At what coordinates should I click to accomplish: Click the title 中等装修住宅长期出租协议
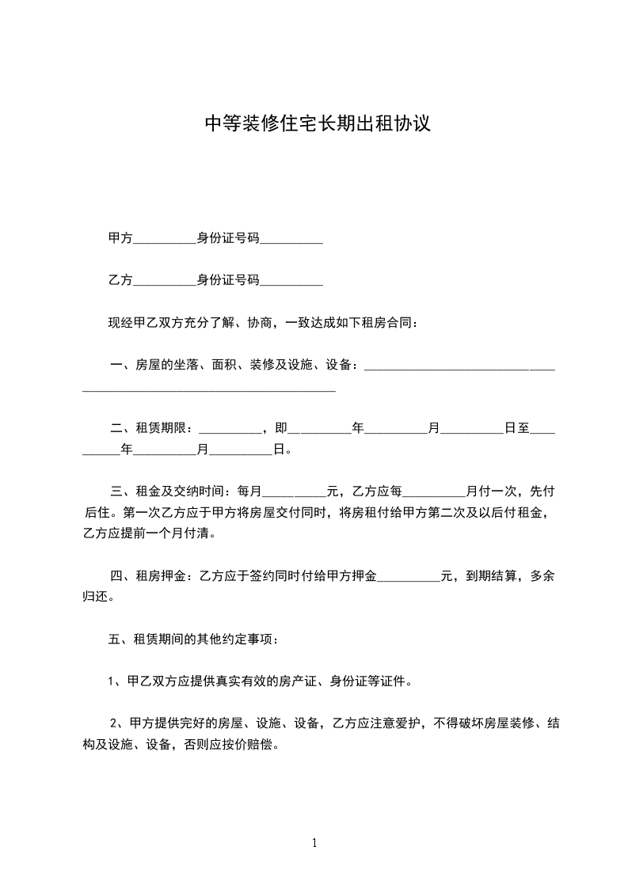point(318,124)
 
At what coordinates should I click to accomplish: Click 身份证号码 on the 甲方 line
point(228,237)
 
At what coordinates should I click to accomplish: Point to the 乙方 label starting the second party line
point(120,280)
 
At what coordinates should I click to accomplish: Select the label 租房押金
point(162,576)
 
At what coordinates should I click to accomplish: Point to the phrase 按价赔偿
point(251,745)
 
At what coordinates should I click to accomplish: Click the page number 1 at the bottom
point(314,843)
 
